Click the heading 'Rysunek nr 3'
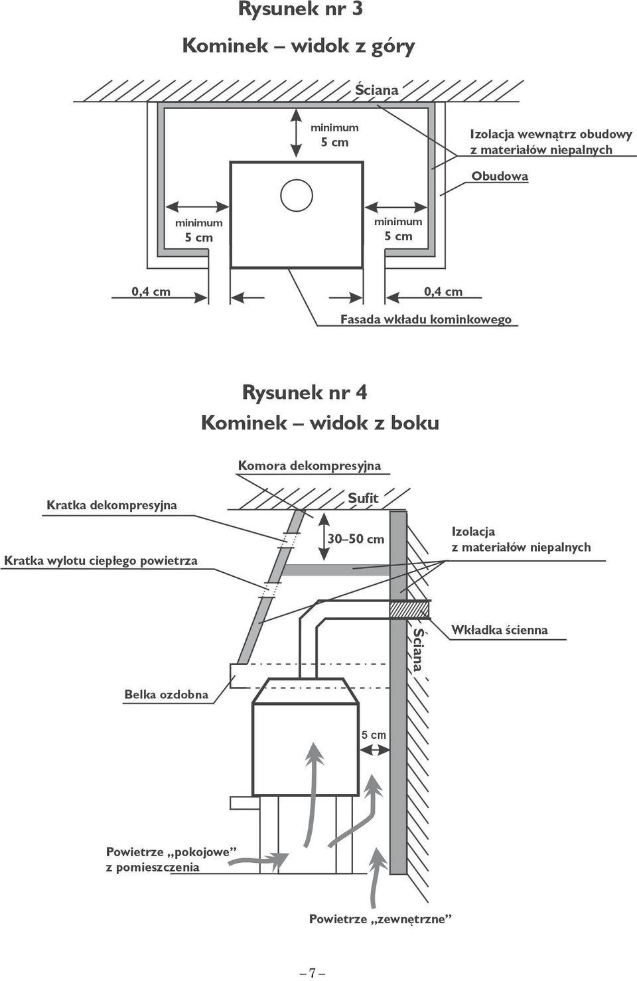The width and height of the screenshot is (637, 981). coord(301,10)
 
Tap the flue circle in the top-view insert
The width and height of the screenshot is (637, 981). coord(297,180)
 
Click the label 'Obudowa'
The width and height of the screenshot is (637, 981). coord(500,176)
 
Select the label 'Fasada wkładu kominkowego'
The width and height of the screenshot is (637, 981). coord(425,319)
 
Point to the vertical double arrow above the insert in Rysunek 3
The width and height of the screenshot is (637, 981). coord(297,133)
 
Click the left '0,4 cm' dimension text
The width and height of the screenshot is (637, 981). coord(151,291)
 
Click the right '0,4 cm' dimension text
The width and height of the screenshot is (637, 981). coord(443,291)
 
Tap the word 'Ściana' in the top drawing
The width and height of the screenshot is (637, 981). coord(376,90)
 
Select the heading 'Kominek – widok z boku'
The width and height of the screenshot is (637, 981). coord(320,423)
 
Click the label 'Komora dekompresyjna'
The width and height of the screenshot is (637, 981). coord(309,465)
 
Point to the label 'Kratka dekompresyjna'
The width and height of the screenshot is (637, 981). coord(111,505)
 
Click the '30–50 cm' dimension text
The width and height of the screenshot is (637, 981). coord(356,539)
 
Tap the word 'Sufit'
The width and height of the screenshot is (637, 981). coord(363,498)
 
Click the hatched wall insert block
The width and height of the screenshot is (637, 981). coord(409,609)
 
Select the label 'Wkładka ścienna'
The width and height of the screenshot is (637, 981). coord(499,630)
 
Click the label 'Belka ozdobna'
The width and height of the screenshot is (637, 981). coord(167,694)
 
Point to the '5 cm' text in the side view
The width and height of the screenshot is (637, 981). coord(374,735)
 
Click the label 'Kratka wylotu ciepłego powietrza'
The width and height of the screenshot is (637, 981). coord(101,561)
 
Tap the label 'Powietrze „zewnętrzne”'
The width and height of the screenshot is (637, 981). coord(380,919)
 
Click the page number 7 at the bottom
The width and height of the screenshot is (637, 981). coord(312,970)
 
